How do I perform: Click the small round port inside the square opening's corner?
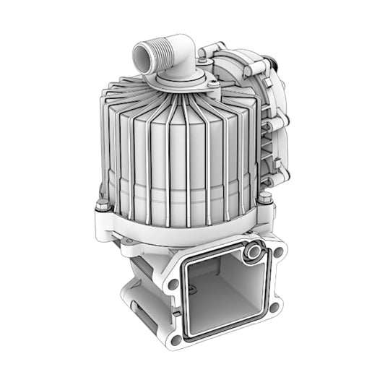[x=254, y=252]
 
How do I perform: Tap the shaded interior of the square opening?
[x=220, y=293]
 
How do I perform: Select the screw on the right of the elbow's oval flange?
[x=215, y=85]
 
